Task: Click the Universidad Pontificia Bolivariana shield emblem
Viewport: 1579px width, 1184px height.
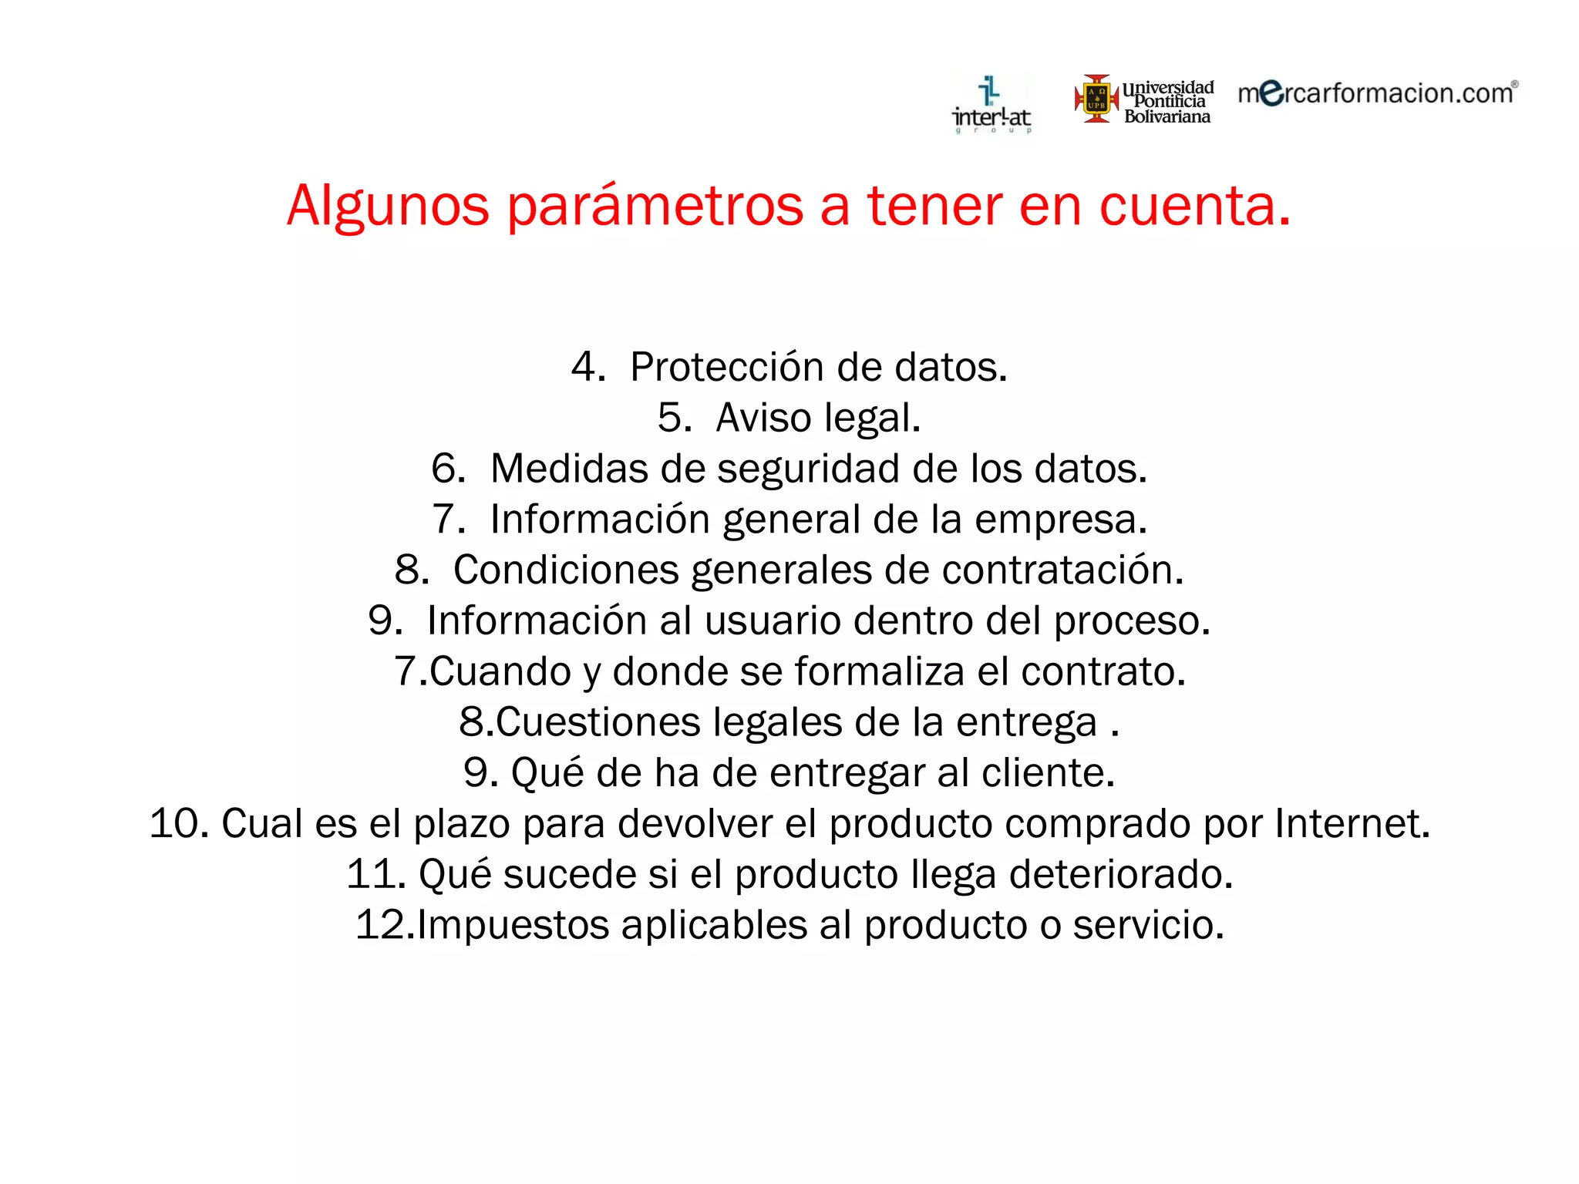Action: [x=1096, y=99]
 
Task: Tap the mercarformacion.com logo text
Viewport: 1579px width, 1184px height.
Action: [x=1376, y=93]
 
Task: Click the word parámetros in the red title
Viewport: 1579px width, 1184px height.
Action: [x=655, y=206]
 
